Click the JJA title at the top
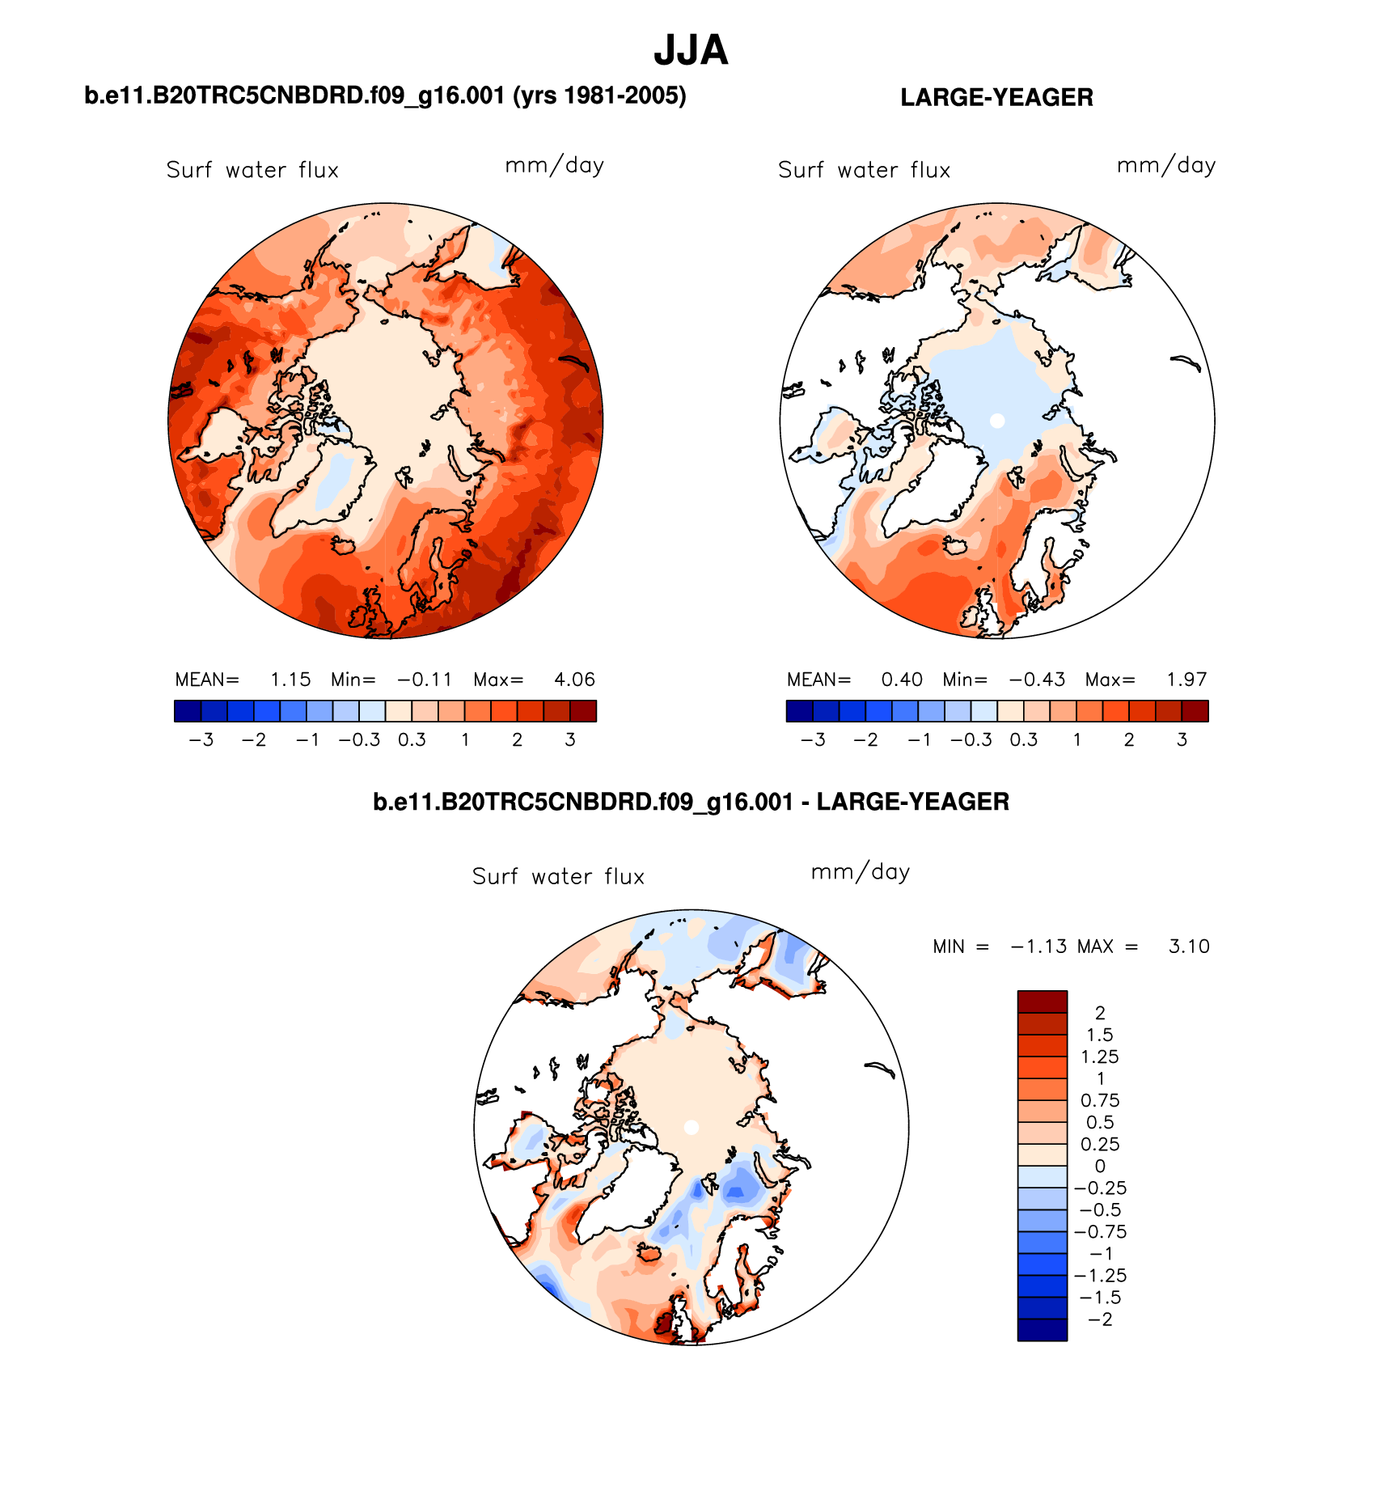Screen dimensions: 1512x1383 tap(691, 50)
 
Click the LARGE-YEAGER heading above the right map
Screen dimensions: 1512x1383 tap(996, 97)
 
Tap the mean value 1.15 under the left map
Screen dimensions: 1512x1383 tap(290, 680)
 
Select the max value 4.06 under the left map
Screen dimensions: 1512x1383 tap(574, 680)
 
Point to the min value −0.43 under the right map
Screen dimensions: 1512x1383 tap(1037, 680)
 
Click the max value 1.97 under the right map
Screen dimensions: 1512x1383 tap(1186, 680)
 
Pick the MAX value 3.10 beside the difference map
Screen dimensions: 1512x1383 tap(1189, 947)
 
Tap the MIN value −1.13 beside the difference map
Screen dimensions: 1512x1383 tap(1038, 947)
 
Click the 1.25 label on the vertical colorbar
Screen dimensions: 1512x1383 tap(1100, 1057)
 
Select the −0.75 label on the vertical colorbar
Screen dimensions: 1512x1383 tap(1100, 1231)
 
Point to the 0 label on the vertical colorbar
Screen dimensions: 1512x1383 tap(1100, 1166)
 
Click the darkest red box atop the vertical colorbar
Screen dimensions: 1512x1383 tap(1043, 1002)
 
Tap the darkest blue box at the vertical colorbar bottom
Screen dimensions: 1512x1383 tap(1043, 1330)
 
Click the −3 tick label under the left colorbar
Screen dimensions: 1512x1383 tap(201, 739)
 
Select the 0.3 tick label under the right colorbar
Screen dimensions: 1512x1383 tap(1024, 739)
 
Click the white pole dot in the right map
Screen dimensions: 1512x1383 tap(997, 421)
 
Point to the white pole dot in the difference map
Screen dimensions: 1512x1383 tap(691, 1127)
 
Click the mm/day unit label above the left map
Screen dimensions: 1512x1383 tap(555, 166)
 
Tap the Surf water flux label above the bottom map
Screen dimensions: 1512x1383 tap(558, 876)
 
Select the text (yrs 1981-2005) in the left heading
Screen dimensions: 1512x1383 tap(599, 95)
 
